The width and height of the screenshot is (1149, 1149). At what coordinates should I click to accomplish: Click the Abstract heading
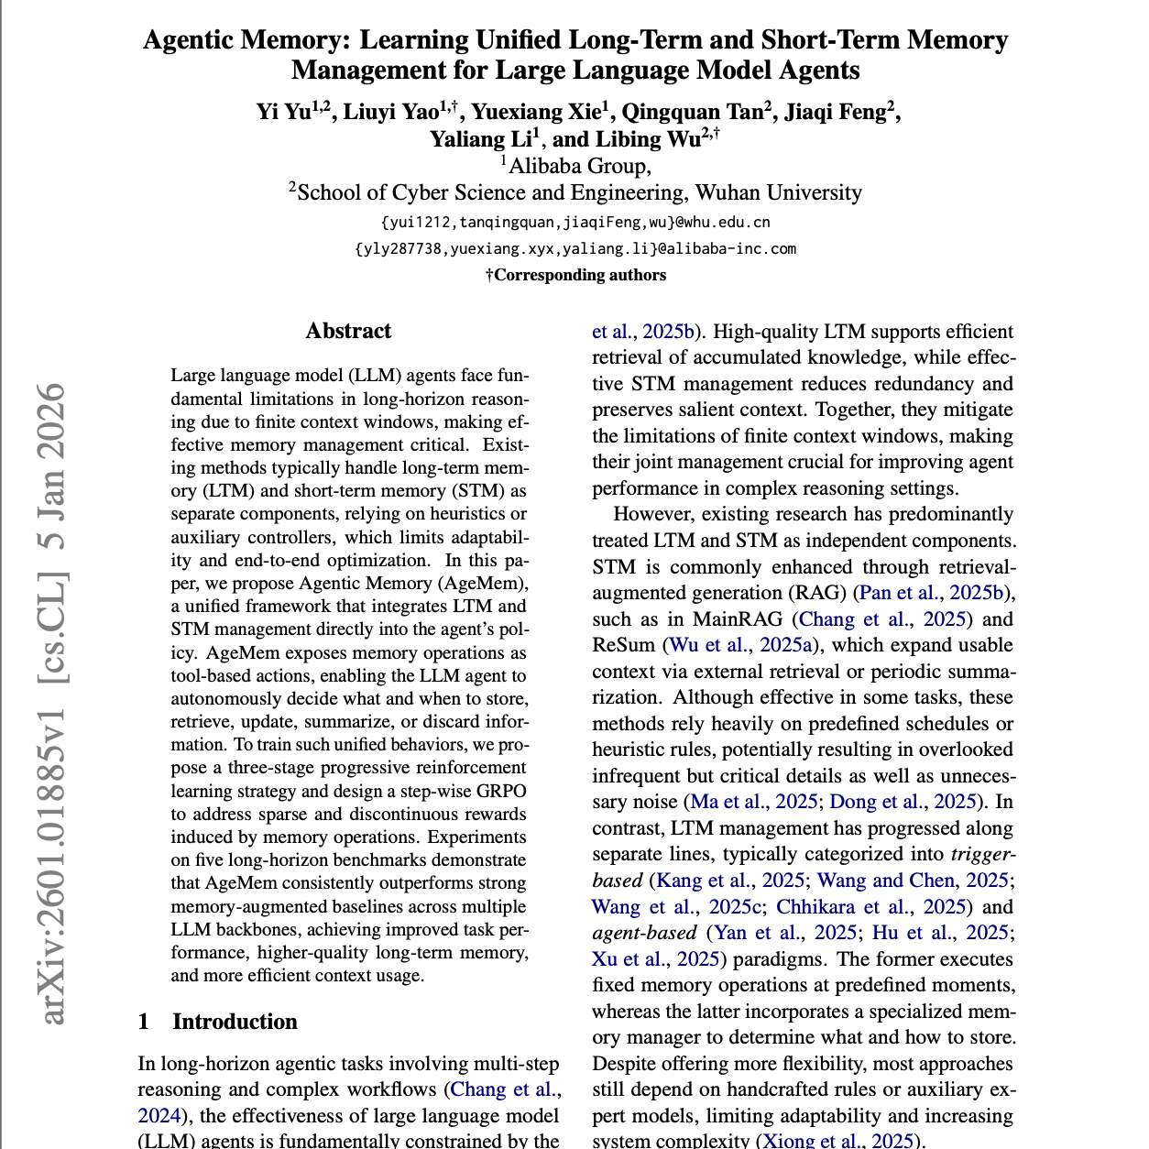[348, 331]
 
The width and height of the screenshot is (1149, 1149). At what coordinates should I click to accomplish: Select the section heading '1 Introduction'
[218, 1022]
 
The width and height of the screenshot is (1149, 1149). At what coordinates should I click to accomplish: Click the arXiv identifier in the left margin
[52, 702]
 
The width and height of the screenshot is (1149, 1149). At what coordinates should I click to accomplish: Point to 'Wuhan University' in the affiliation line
[778, 192]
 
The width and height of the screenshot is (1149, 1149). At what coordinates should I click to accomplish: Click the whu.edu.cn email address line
[574, 222]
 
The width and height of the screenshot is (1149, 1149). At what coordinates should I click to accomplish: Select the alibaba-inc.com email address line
[574, 248]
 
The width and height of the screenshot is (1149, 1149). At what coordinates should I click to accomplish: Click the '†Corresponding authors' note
[575, 275]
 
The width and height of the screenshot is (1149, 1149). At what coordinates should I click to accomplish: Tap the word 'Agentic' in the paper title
[197, 40]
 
